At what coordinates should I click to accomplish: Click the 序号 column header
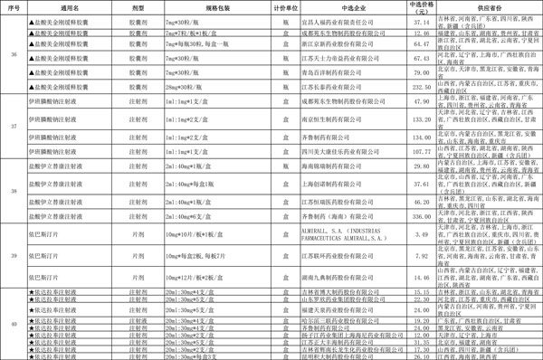coord(13,5)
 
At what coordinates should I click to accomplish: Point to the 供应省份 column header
coord(476,5)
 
